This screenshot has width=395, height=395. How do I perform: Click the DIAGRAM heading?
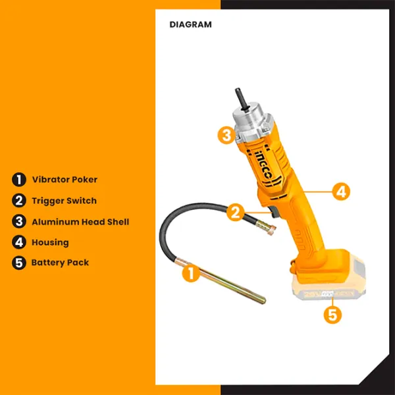click(190, 24)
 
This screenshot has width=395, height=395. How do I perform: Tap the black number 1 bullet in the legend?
click(19, 180)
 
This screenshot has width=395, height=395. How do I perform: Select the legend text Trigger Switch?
click(64, 201)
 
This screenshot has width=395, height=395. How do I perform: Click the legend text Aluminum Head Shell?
click(80, 222)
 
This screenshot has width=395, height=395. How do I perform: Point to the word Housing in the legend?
click(50, 242)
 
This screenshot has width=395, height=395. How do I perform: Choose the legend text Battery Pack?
click(60, 263)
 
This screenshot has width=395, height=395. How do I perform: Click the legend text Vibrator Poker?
click(65, 179)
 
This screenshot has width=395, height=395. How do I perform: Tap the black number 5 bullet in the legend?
click(19, 263)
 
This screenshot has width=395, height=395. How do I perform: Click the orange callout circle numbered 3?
click(226, 135)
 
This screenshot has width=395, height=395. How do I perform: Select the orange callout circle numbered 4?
click(341, 192)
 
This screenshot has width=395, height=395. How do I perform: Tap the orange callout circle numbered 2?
click(235, 212)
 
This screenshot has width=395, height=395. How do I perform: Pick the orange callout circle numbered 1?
click(191, 273)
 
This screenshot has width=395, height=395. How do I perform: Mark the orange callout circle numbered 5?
click(332, 315)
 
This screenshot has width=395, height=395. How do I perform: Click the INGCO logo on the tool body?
click(264, 166)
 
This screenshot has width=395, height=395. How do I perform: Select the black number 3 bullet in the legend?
click(19, 222)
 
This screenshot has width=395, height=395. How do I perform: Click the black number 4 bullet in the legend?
click(19, 242)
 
